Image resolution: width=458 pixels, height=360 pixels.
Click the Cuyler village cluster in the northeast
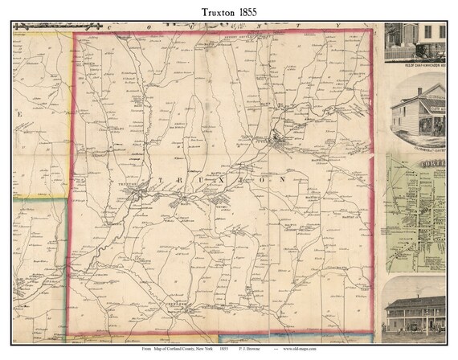[x=278, y=141]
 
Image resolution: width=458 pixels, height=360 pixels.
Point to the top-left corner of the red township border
[x=74, y=34]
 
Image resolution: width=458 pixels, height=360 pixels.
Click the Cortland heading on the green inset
[x=433, y=166]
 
